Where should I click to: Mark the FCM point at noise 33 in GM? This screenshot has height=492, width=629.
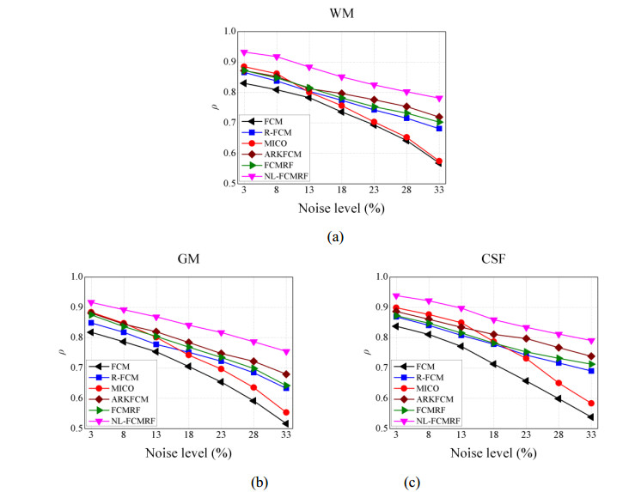(285, 423)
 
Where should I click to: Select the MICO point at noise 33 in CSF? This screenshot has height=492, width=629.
(590, 403)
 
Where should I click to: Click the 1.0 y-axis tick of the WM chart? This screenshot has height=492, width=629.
(229, 32)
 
